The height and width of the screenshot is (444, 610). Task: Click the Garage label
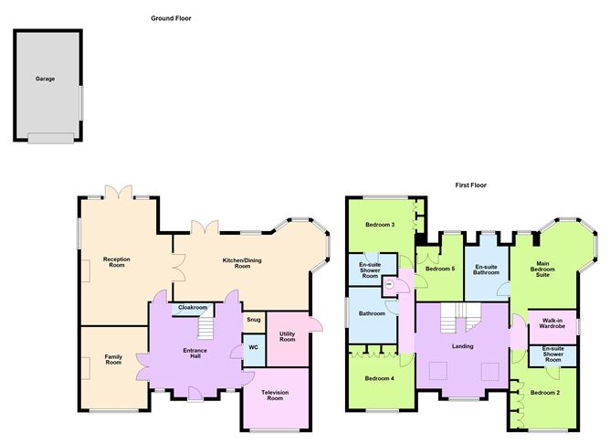pyautogui.click(x=45, y=79)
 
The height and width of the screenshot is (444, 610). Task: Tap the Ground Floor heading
pyautogui.click(x=171, y=18)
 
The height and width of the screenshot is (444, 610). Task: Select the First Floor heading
pyautogui.click(x=470, y=185)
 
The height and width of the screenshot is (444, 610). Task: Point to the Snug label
pyautogui.click(x=254, y=320)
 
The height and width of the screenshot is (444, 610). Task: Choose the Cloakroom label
pyautogui.click(x=193, y=307)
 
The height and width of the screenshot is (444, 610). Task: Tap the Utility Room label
pyautogui.click(x=288, y=336)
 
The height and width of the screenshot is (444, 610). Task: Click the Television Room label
pyautogui.click(x=275, y=396)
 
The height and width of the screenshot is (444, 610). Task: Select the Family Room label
pyautogui.click(x=113, y=360)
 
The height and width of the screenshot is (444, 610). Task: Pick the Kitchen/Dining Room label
pyautogui.click(x=242, y=263)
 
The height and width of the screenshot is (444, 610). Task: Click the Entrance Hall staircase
pyautogui.click(x=205, y=327)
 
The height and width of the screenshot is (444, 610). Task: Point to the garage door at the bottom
pyautogui.click(x=50, y=138)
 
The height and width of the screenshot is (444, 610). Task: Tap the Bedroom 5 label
pyautogui.click(x=440, y=269)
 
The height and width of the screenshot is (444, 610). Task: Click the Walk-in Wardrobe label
pyautogui.click(x=552, y=323)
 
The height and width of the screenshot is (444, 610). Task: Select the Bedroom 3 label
pyautogui.click(x=380, y=225)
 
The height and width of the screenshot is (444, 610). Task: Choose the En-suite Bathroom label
pyautogui.click(x=487, y=270)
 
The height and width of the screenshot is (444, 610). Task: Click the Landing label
pyautogui.click(x=463, y=346)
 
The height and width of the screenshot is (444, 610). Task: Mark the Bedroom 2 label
pyautogui.click(x=545, y=393)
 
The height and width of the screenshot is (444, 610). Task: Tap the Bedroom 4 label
pyautogui.click(x=379, y=378)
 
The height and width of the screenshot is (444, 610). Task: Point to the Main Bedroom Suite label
pyautogui.click(x=542, y=269)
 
